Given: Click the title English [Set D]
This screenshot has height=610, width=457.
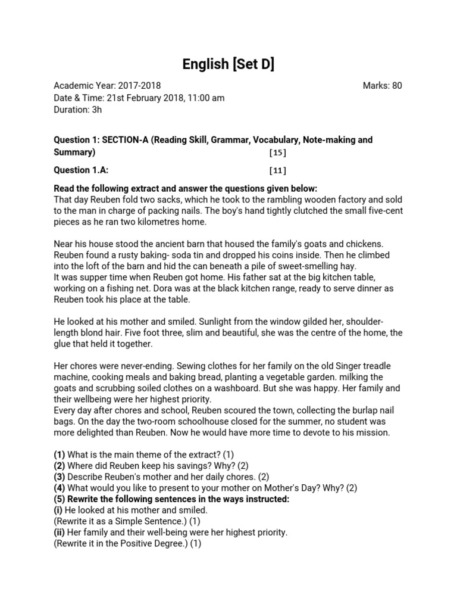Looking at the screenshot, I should coord(228,64).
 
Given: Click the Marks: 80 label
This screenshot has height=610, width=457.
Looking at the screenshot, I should coord(382,86).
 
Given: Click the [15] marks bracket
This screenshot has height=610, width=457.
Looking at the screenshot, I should coord(277,152).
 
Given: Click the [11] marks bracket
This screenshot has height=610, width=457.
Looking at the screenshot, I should coord(277,170).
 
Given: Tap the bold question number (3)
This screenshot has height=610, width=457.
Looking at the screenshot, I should coord(60,477).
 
